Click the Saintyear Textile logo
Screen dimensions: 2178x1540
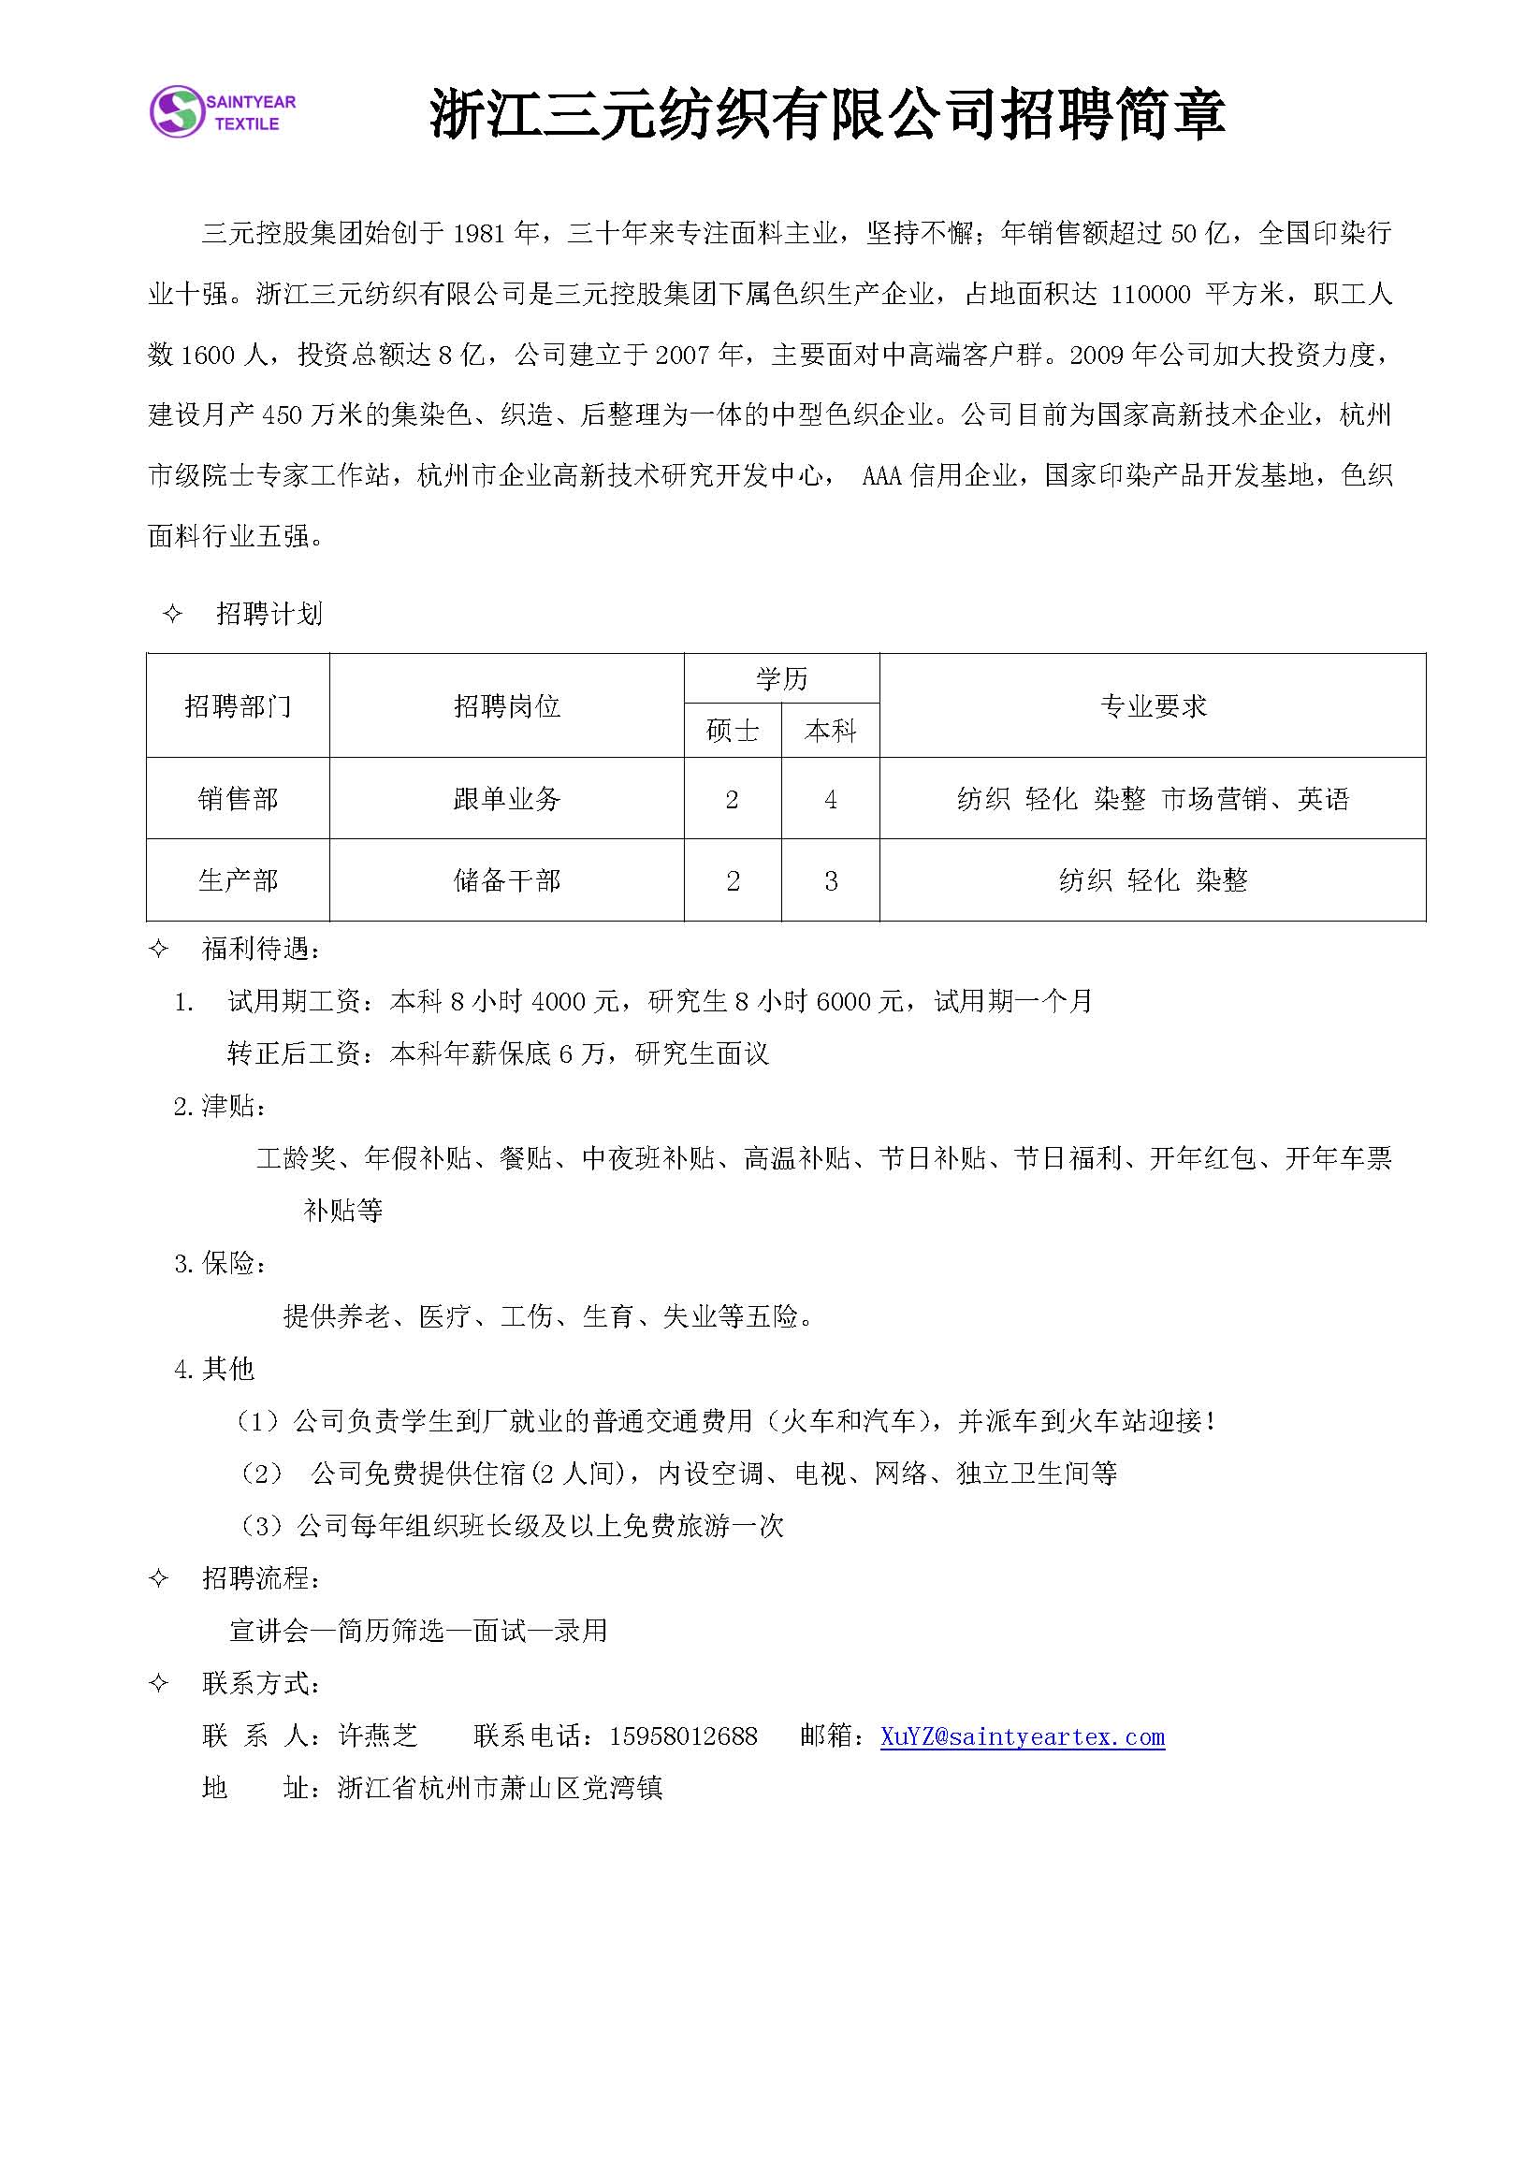(x=223, y=111)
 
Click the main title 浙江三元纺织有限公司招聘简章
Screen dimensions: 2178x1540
(x=827, y=114)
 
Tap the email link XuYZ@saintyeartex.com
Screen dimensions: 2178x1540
(x=1022, y=1737)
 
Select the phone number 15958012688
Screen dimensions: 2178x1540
(x=683, y=1737)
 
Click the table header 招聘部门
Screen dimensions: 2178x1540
(x=239, y=705)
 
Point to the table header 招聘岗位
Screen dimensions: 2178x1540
(x=507, y=705)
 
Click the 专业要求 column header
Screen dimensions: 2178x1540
(x=1153, y=705)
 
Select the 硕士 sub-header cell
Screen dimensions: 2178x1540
(x=733, y=731)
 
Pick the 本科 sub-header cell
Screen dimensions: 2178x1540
(x=830, y=731)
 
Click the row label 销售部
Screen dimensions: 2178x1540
(x=239, y=799)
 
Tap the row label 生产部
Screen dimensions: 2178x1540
(x=239, y=880)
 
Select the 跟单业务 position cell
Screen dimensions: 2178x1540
(x=507, y=799)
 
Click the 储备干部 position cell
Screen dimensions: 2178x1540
(x=507, y=880)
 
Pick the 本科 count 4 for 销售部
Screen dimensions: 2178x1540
(x=830, y=800)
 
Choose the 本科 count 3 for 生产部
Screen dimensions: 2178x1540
(x=830, y=881)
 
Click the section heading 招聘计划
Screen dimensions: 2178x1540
(x=269, y=614)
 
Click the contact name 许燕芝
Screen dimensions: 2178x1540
(x=378, y=1737)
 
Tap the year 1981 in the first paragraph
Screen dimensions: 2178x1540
(x=479, y=233)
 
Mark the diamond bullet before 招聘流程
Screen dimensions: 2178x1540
(x=159, y=1578)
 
